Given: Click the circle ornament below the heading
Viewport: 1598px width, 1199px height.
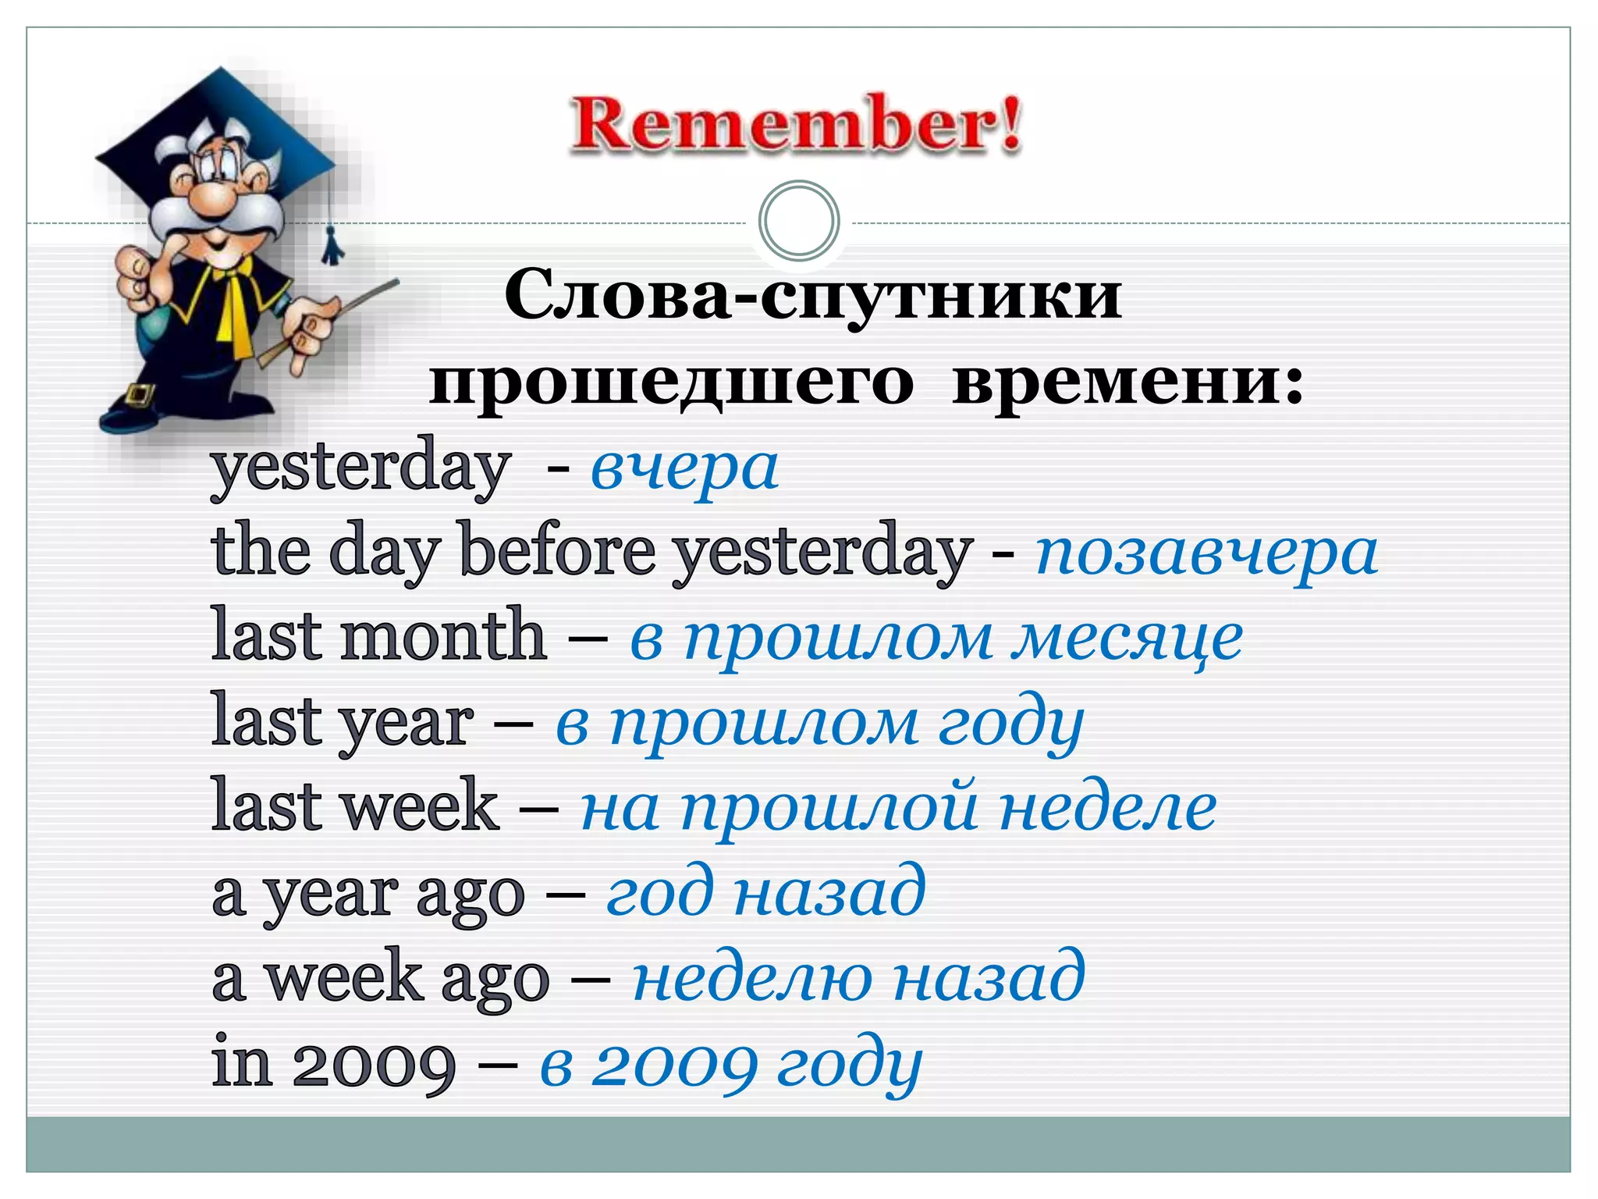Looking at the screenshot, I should [799, 221].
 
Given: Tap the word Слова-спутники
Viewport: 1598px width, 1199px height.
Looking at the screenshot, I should [813, 297].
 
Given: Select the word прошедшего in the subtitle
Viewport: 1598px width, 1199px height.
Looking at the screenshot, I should [671, 382].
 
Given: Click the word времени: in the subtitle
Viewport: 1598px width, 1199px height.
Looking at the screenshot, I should [1127, 382].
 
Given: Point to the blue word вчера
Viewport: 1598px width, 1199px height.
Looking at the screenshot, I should [684, 468].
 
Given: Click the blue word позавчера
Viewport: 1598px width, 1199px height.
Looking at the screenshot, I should [1206, 553].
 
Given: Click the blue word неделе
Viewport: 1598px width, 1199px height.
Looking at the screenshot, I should [1107, 809].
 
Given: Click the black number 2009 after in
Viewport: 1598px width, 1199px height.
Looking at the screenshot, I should [374, 1065].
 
